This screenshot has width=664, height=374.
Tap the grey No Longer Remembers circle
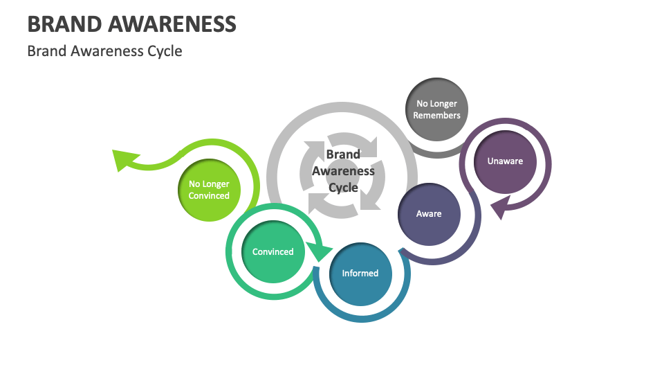coord(436,109)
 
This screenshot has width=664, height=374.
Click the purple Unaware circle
coord(505,161)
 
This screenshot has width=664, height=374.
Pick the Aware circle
coord(429,214)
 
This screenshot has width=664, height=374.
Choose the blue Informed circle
coord(360,274)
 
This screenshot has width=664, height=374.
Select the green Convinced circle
coord(273,252)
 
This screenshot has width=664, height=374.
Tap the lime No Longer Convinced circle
coord(209,190)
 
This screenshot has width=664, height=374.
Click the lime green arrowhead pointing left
coord(122,159)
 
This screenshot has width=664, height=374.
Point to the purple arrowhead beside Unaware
coord(500,206)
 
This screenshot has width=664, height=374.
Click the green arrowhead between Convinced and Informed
coord(319,251)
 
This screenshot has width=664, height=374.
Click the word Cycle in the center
coord(343,188)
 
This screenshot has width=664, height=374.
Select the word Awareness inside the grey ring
coord(343,171)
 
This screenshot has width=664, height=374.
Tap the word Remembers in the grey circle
coord(436,116)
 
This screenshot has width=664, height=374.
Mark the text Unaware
coord(505,161)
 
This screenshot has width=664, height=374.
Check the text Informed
coord(360,274)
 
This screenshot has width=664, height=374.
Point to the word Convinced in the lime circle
coord(209,196)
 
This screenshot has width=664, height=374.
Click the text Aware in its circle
coord(429,214)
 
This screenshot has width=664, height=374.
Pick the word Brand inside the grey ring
coord(343,154)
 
